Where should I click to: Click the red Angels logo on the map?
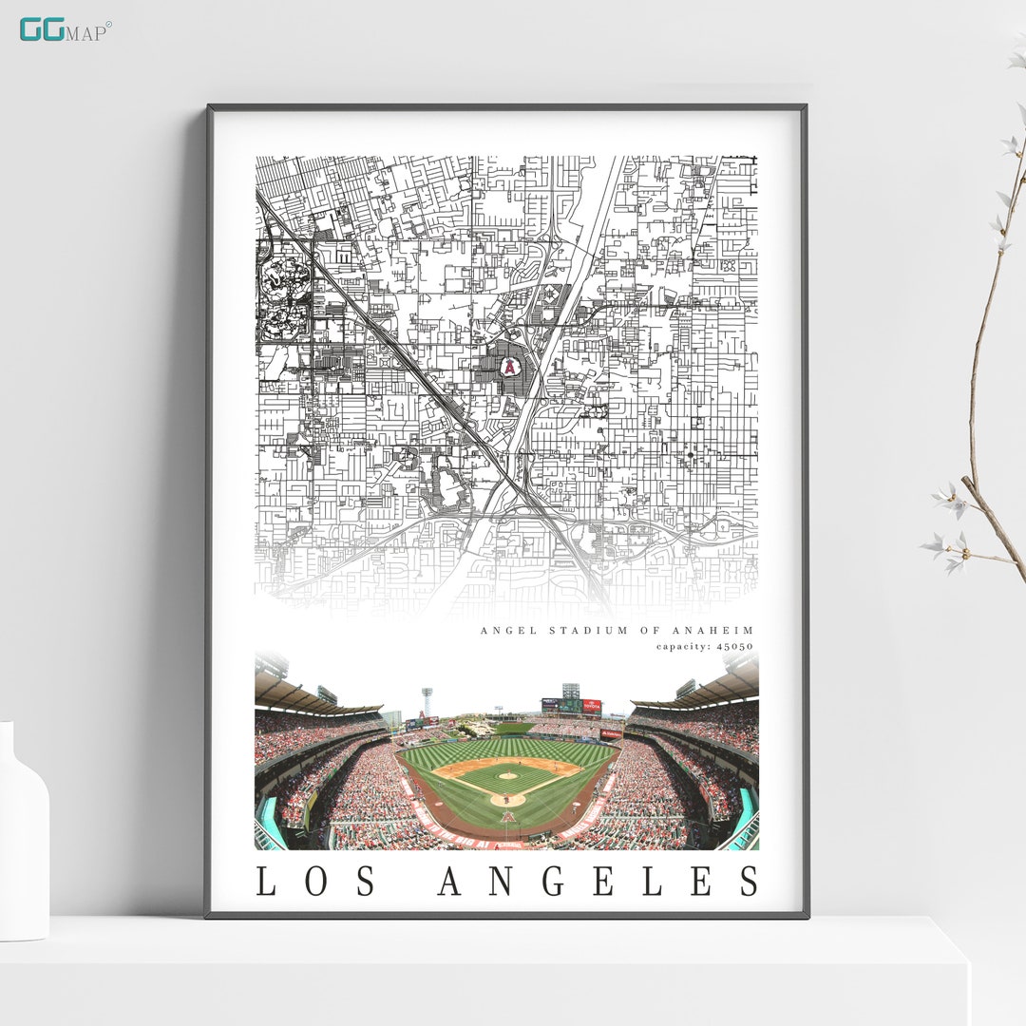(510, 366)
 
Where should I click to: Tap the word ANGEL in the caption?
(501, 630)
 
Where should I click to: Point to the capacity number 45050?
(734, 647)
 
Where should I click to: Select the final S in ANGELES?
(749, 881)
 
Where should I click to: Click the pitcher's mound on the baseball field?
(507, 776)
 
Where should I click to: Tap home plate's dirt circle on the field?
(507, 800)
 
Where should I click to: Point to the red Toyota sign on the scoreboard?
(592, 706)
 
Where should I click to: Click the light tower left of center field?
(427, 701)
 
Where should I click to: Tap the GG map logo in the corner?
(65, 30)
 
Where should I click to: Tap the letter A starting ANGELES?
(451, 881)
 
